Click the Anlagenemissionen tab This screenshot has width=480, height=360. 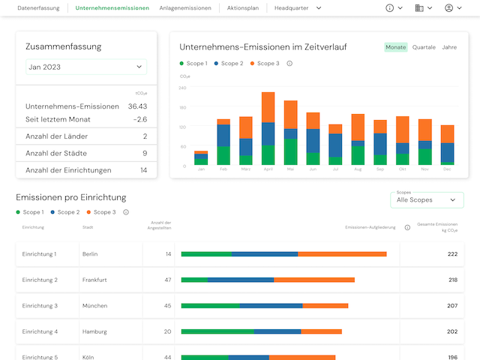pyautogui.click(x=185, y=7)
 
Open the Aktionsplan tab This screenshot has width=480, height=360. pyautogui.click(x=242, y=7)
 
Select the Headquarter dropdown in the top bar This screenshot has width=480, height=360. pyautogui.click(x=298, y=7)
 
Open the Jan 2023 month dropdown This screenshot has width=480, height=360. pyautogui.click(x=85, y=67)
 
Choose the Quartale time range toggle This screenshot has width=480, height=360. pyautogui.click(x=424, y=47)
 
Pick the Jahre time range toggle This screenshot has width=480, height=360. pyautogui.click(x=449, y=47)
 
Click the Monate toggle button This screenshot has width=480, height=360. pyautogui.click(x=395, y=47)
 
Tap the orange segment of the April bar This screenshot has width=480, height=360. pyautogui.click(x=268, y=107)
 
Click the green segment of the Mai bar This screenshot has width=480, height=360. pyautogui.click(x=290, y=151)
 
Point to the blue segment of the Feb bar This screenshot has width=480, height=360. pyautogui.click(x=223, y=135)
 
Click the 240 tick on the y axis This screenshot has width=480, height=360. pyautogui.click(x=182, y=87)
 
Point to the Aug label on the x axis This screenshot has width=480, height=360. pyautogui.click(x=358, y=169)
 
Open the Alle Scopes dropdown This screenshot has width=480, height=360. pyautogui.click(x=426, y=200)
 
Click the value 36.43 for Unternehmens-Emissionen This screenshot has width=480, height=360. pyautogui.click(x=137, y=106)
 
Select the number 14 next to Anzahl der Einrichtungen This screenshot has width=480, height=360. pyautogui.click(x=143, y=170)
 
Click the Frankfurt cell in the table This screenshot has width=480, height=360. pyautogui.click(x=94, y=280)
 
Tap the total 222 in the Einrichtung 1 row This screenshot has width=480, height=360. pyautogui.click(x=452, y=254)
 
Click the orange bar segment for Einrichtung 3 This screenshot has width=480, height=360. pyautogui.click(x=325, y=305)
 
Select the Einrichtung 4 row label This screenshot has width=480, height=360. pyautogui.click(x=40, y=331)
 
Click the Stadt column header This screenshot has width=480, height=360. pyautogui.click(x=88, y=227)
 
